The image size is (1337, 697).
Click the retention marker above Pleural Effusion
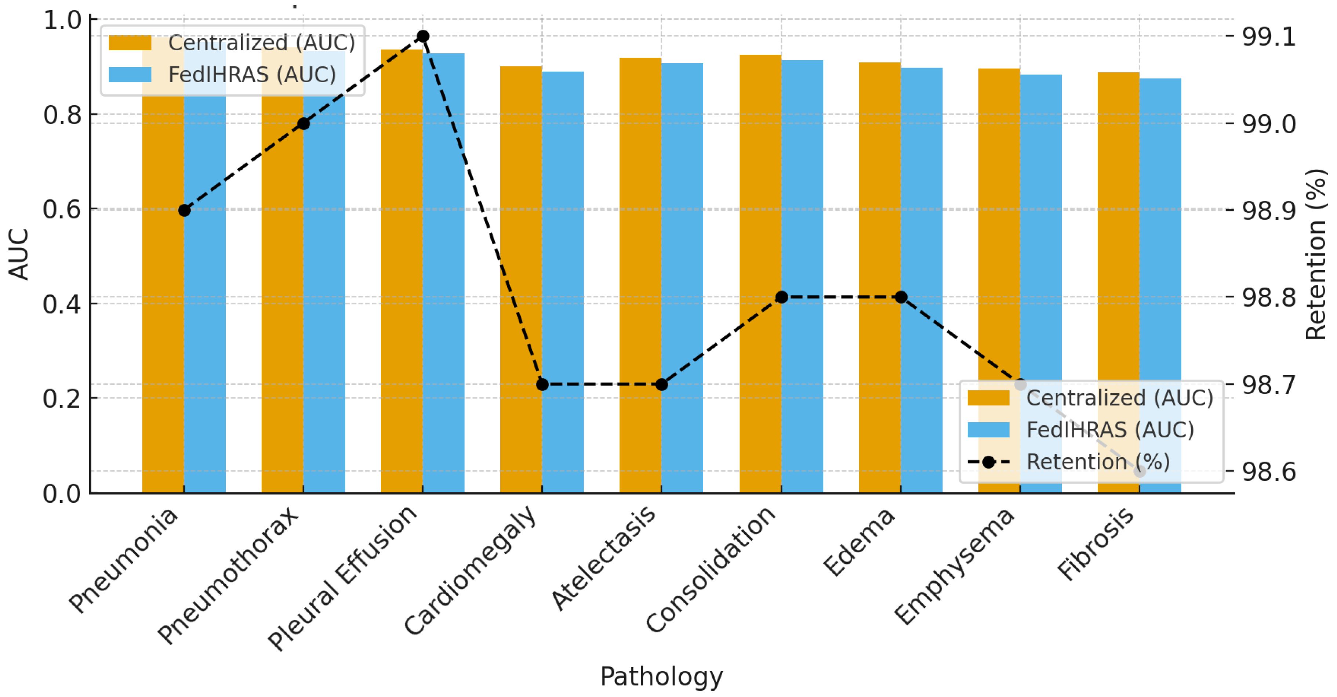point(423,36)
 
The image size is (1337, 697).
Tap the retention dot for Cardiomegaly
point(542,384)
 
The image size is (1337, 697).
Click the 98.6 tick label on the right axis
point(1268,472)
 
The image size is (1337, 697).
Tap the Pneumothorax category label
point(228,577)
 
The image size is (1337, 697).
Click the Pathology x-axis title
point(661,676)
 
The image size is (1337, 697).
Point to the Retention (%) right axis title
point(1315,254)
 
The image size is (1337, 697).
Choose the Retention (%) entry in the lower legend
point(1098,462)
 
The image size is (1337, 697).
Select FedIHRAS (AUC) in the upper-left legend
point(252,75)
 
